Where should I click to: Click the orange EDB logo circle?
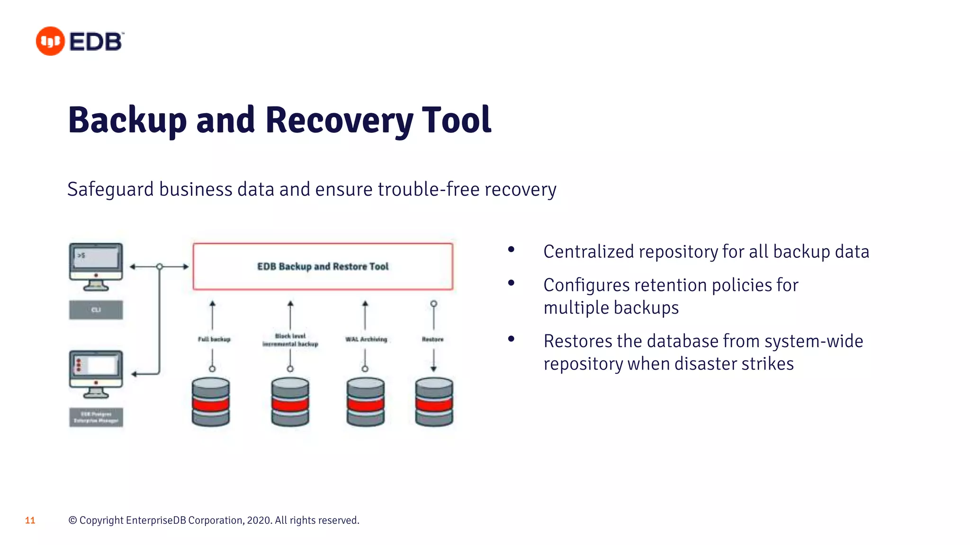tap(50, 41)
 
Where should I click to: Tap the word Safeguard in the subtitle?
tap(110, 189)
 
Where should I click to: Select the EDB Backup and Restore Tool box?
tap(323, 266)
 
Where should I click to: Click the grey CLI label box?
tap(96, 310)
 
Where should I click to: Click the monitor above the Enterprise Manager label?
tap(96, 371)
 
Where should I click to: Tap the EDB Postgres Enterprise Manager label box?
tap(96, 417)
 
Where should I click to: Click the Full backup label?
tap(214, 339)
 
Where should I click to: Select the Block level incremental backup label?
tap(290, 340)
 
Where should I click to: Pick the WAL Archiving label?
tap(366, 339)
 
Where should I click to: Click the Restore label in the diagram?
tap(433, 339)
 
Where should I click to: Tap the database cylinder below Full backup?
tap(211, 402)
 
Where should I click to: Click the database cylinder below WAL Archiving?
tap(365, 402)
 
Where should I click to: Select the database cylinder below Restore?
tap(434, 402)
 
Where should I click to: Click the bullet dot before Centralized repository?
tap(511, 249)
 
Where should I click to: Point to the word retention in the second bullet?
tap(670, 285)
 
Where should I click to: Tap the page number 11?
tap(30, 520)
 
